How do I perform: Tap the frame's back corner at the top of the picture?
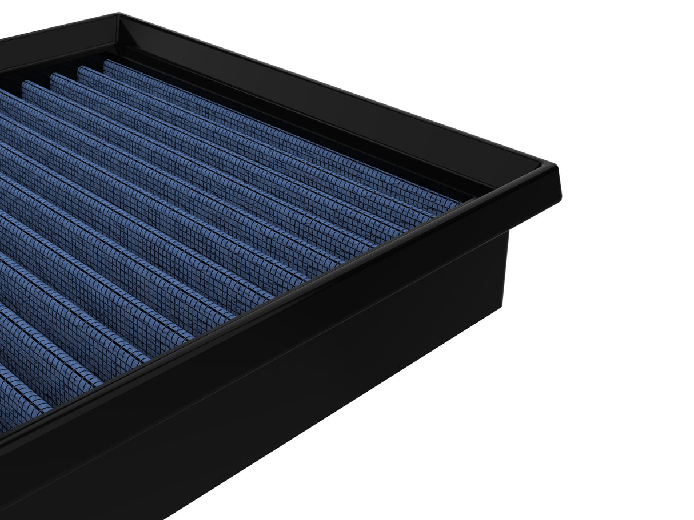pos(118,15)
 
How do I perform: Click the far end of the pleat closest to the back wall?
pos(109,63)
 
